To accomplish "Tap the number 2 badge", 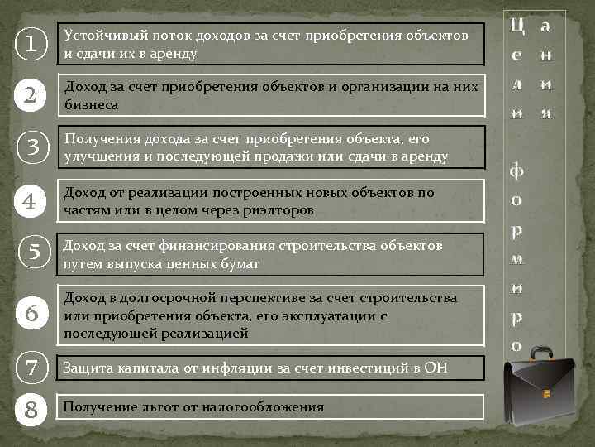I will tap(31, 97).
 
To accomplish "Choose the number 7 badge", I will tap(31, 368).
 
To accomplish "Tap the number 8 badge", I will tap(31, 407).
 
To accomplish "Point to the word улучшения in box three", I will tap(97, 156).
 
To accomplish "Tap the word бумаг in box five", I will tap(239, 263).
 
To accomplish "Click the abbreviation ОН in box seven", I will tap(434, 368).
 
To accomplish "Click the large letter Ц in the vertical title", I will tap(518, 27).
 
